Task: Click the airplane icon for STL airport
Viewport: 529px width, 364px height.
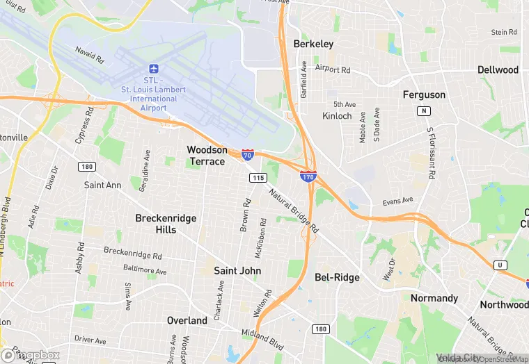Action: point(154,69)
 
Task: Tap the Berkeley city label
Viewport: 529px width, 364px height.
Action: point(313,44)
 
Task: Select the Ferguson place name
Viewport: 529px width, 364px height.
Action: point(424,94)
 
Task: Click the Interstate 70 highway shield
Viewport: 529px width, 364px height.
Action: point(248,155)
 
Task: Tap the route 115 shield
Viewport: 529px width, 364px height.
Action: point(258,179)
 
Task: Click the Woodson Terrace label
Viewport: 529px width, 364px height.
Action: point(207,156)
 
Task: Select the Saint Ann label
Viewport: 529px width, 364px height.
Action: point(102,185)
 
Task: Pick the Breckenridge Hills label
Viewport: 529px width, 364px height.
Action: point(166,224)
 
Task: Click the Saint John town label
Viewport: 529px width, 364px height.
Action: point(236,270)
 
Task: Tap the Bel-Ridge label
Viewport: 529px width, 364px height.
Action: point(337,277)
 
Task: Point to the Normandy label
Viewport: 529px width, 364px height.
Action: point(434,298)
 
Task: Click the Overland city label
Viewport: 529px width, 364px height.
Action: point(187,320)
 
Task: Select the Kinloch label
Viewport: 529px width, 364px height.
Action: point(337,116)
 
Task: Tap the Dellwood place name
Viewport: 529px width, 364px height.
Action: point(498,70)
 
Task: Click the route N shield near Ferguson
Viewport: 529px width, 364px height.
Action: point(423,111)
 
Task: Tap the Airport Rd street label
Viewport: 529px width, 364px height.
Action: point(332,69)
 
